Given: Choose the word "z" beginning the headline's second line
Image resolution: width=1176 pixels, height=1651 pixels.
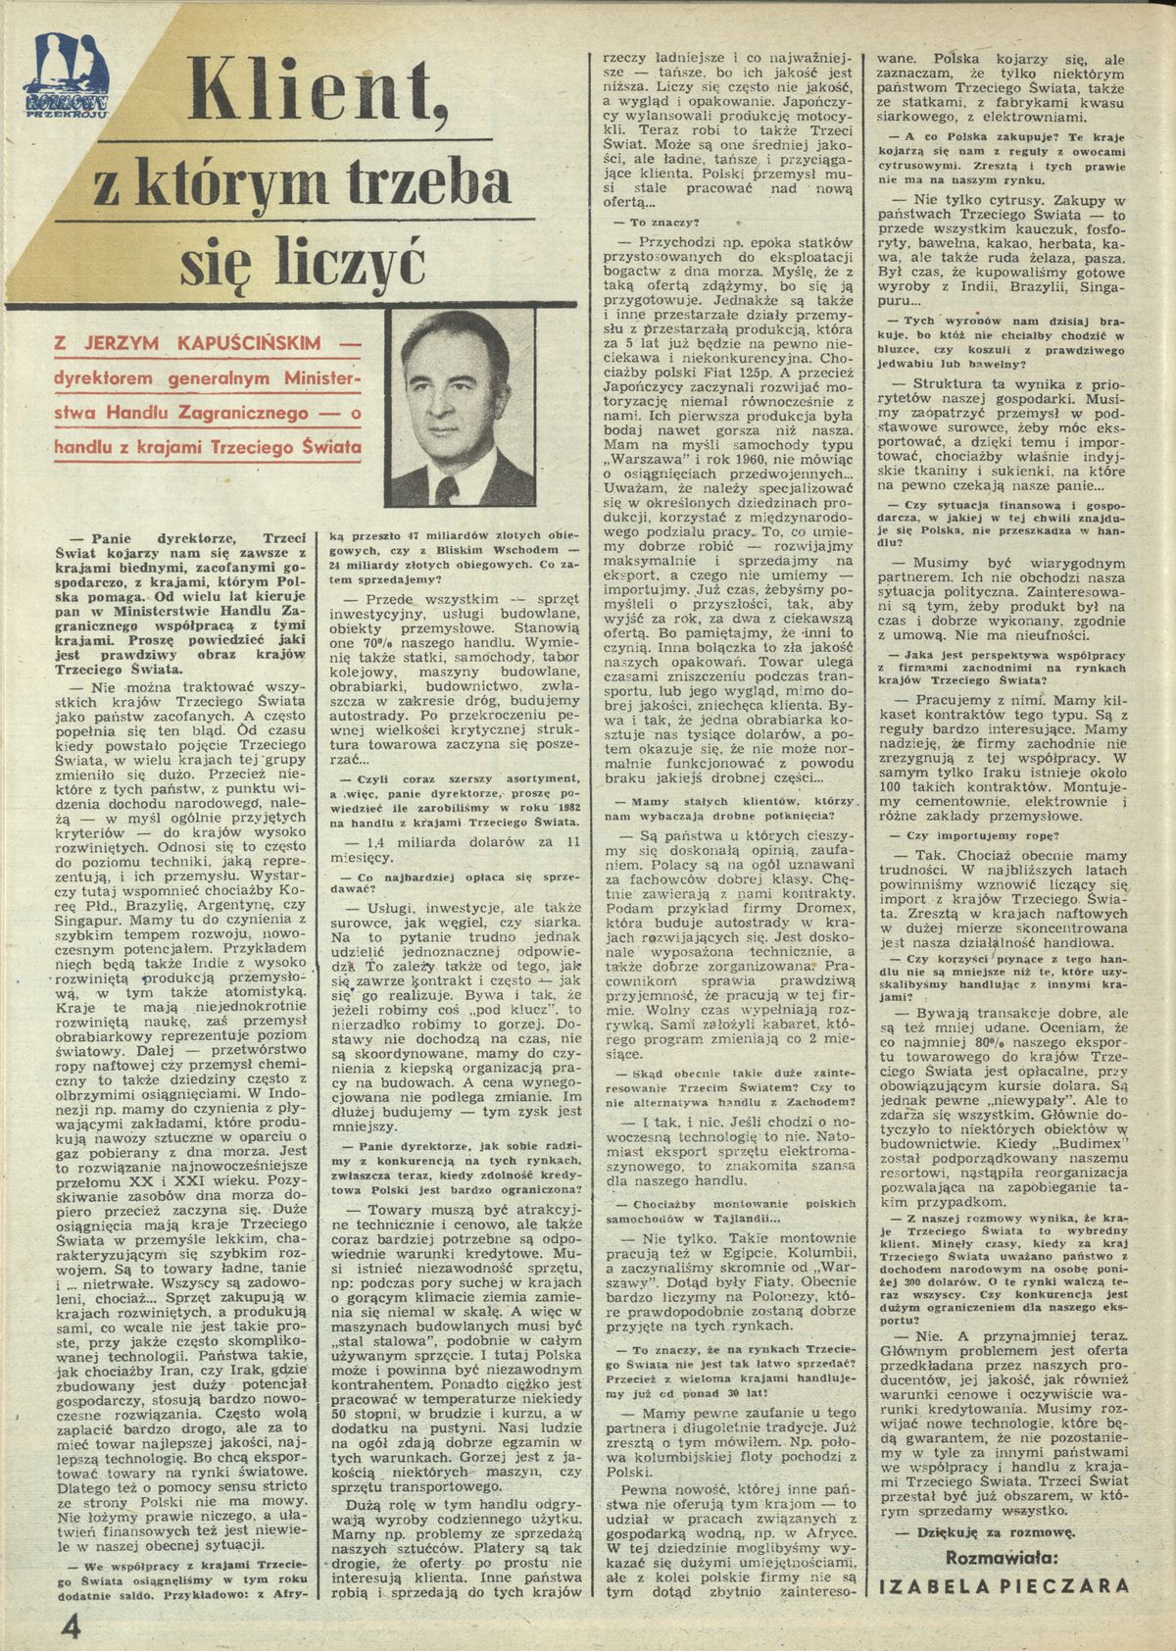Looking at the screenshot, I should tap(109, 183).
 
